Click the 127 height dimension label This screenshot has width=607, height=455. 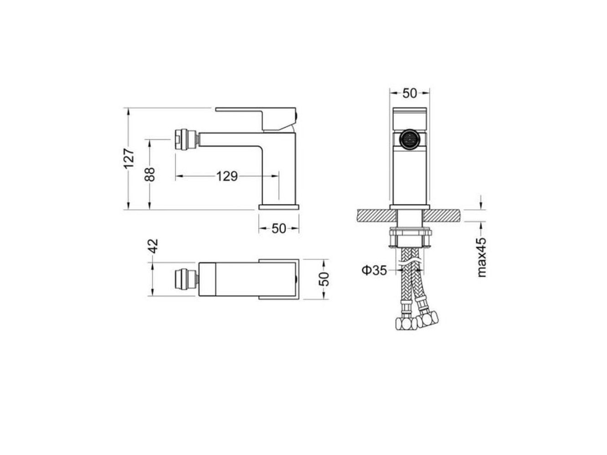[128, 158]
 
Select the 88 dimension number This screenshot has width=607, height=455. [150, 174]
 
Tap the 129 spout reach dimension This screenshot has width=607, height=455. [227, 176]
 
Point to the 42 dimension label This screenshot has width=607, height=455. [153, 246]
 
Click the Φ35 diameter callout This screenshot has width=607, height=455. [374, 270]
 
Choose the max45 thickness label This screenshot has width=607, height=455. [481, 257]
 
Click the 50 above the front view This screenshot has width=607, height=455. [409, 94]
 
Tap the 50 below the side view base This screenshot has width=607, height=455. [279, 228]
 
